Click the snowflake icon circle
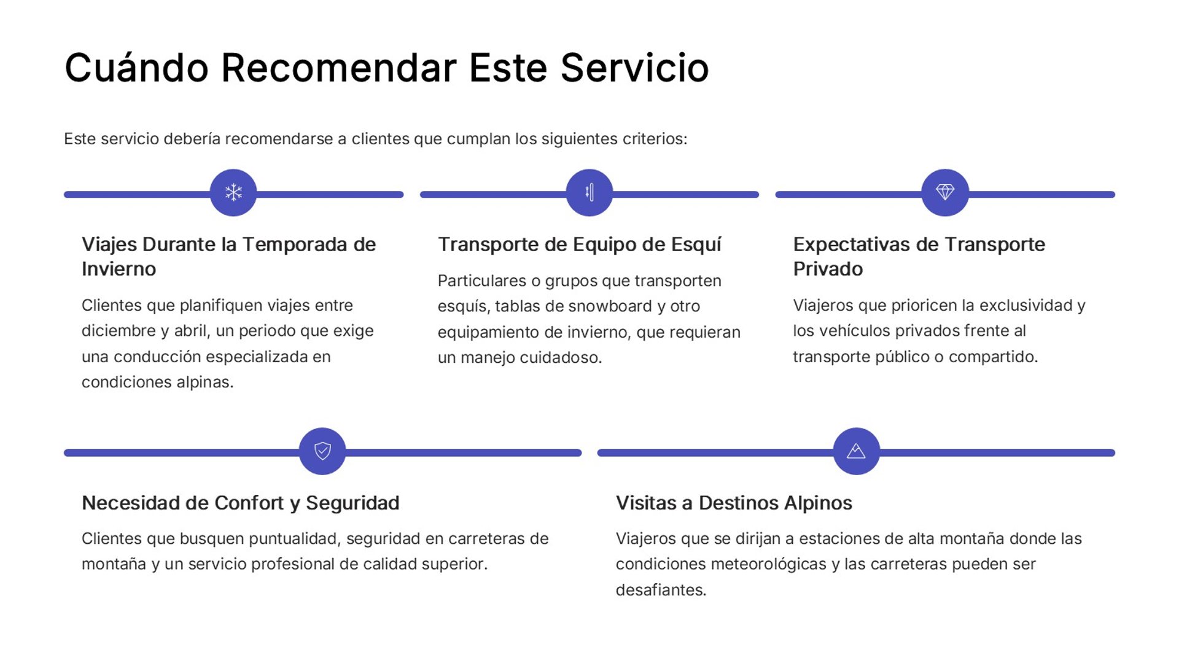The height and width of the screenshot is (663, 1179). (x=233, y=193)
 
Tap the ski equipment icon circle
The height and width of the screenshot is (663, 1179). (x=589, y=193)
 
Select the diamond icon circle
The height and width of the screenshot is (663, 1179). (x=945, y=193)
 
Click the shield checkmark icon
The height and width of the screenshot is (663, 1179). (x=322, y=451)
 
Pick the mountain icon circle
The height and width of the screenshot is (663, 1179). (x=856, y=451)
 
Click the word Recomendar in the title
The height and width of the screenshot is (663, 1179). (x=338, y=68)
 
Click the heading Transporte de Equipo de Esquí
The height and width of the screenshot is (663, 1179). (x=579, y=244)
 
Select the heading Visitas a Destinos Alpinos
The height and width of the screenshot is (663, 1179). (x=734, y=503)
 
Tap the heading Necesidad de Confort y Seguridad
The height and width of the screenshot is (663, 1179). (x=240, y=503)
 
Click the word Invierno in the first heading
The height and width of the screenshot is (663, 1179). (x=119, y=269)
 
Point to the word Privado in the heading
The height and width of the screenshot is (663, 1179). (x=828, y=269)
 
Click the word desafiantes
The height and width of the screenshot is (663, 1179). (x=661, y=590)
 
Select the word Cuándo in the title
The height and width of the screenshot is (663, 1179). (x=136, y=68)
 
